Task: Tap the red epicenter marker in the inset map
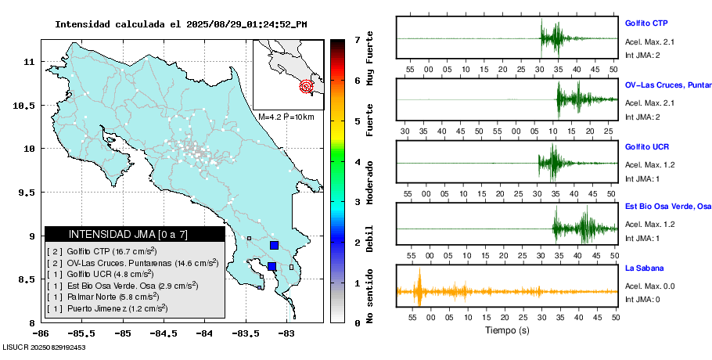tap(307, 86)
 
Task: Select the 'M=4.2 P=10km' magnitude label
tap(286, 117)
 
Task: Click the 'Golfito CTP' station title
tap(646, 23)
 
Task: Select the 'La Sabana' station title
tap(643, 268)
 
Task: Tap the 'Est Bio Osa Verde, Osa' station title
tap(667, 207)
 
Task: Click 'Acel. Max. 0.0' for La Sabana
tap(649, 286)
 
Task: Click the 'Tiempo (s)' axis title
tap(507, 330)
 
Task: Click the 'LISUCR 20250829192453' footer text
tap(44, 347)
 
